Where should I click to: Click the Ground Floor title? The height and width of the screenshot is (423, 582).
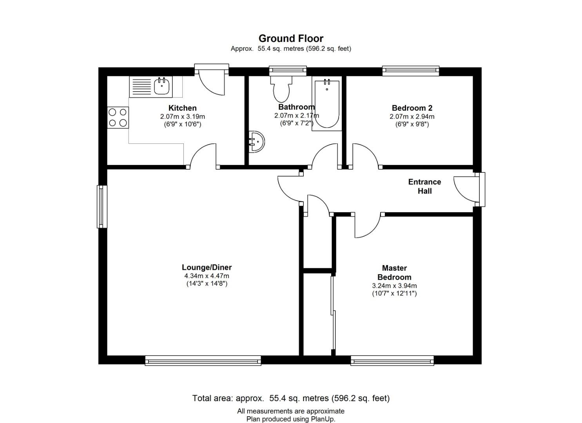coord(291,38)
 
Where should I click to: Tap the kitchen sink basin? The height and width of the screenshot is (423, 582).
coord(162,86)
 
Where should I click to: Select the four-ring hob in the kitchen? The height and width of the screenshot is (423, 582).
coord(118,117)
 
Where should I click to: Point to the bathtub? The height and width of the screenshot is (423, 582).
coord(327,104)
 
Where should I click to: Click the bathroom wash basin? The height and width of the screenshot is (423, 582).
coord(257,141)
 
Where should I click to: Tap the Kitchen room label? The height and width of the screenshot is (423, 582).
coord(182,108)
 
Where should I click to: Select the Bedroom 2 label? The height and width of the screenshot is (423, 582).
coord(412,108)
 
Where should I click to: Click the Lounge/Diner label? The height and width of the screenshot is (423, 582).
coord(207,268)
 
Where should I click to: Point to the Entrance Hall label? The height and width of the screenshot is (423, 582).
coord(424,186)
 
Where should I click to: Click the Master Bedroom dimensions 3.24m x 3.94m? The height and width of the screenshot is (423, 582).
coord(394,286)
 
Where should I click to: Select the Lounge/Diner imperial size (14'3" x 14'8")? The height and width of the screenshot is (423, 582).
coord(207,284)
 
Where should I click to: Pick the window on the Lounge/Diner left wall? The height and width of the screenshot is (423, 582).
coord(102,206)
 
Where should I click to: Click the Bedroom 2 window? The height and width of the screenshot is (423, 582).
coord(410,70)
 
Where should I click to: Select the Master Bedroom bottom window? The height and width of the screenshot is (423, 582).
coord(392,360)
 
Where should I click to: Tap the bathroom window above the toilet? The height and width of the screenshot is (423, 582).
coord(288,70)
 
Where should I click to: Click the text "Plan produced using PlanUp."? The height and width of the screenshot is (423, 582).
coord(291,419)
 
